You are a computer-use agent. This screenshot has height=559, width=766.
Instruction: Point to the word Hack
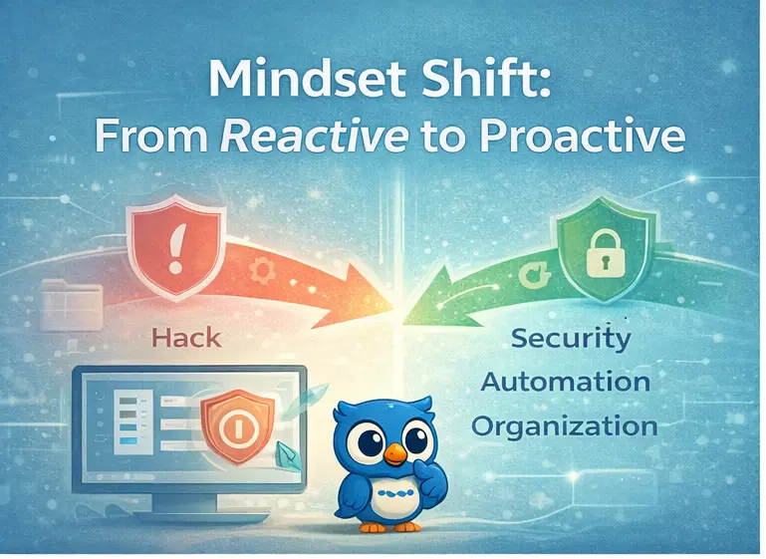[186, 337]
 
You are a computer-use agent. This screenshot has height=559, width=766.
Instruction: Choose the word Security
[570, 338]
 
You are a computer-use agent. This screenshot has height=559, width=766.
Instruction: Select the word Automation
[565, 382]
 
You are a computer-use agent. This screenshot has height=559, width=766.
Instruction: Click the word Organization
[564, 426]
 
